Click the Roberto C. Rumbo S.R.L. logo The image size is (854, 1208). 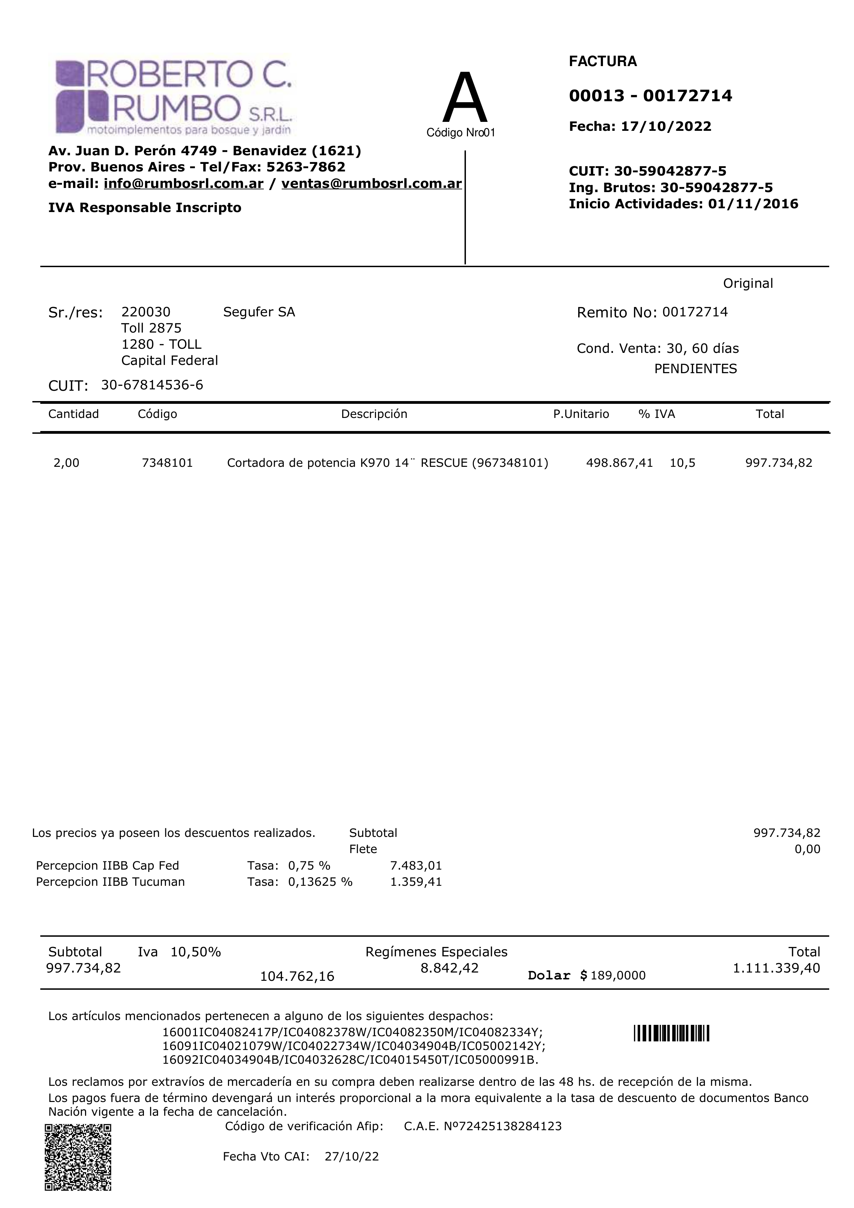click(174, 97)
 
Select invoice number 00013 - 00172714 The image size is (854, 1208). click(650, 96)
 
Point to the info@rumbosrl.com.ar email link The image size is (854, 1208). click(183, 183)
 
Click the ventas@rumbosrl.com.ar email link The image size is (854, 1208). click(372, 183)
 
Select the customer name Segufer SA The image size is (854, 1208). click(259, 312)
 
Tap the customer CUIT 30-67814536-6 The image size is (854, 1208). click(152, 385)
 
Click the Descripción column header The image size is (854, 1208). click(374, 414)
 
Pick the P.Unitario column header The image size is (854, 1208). click(581, 414)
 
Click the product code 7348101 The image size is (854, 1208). click(167, 463)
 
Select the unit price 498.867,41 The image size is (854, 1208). click(619, 463)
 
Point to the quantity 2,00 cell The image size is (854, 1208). click(66, 463)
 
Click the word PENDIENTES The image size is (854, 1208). click(695, 369)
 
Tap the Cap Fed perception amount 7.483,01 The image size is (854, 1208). click(416, 865)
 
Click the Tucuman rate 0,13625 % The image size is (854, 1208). click(320, 882)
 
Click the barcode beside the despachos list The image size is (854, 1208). click(671, 1034)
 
